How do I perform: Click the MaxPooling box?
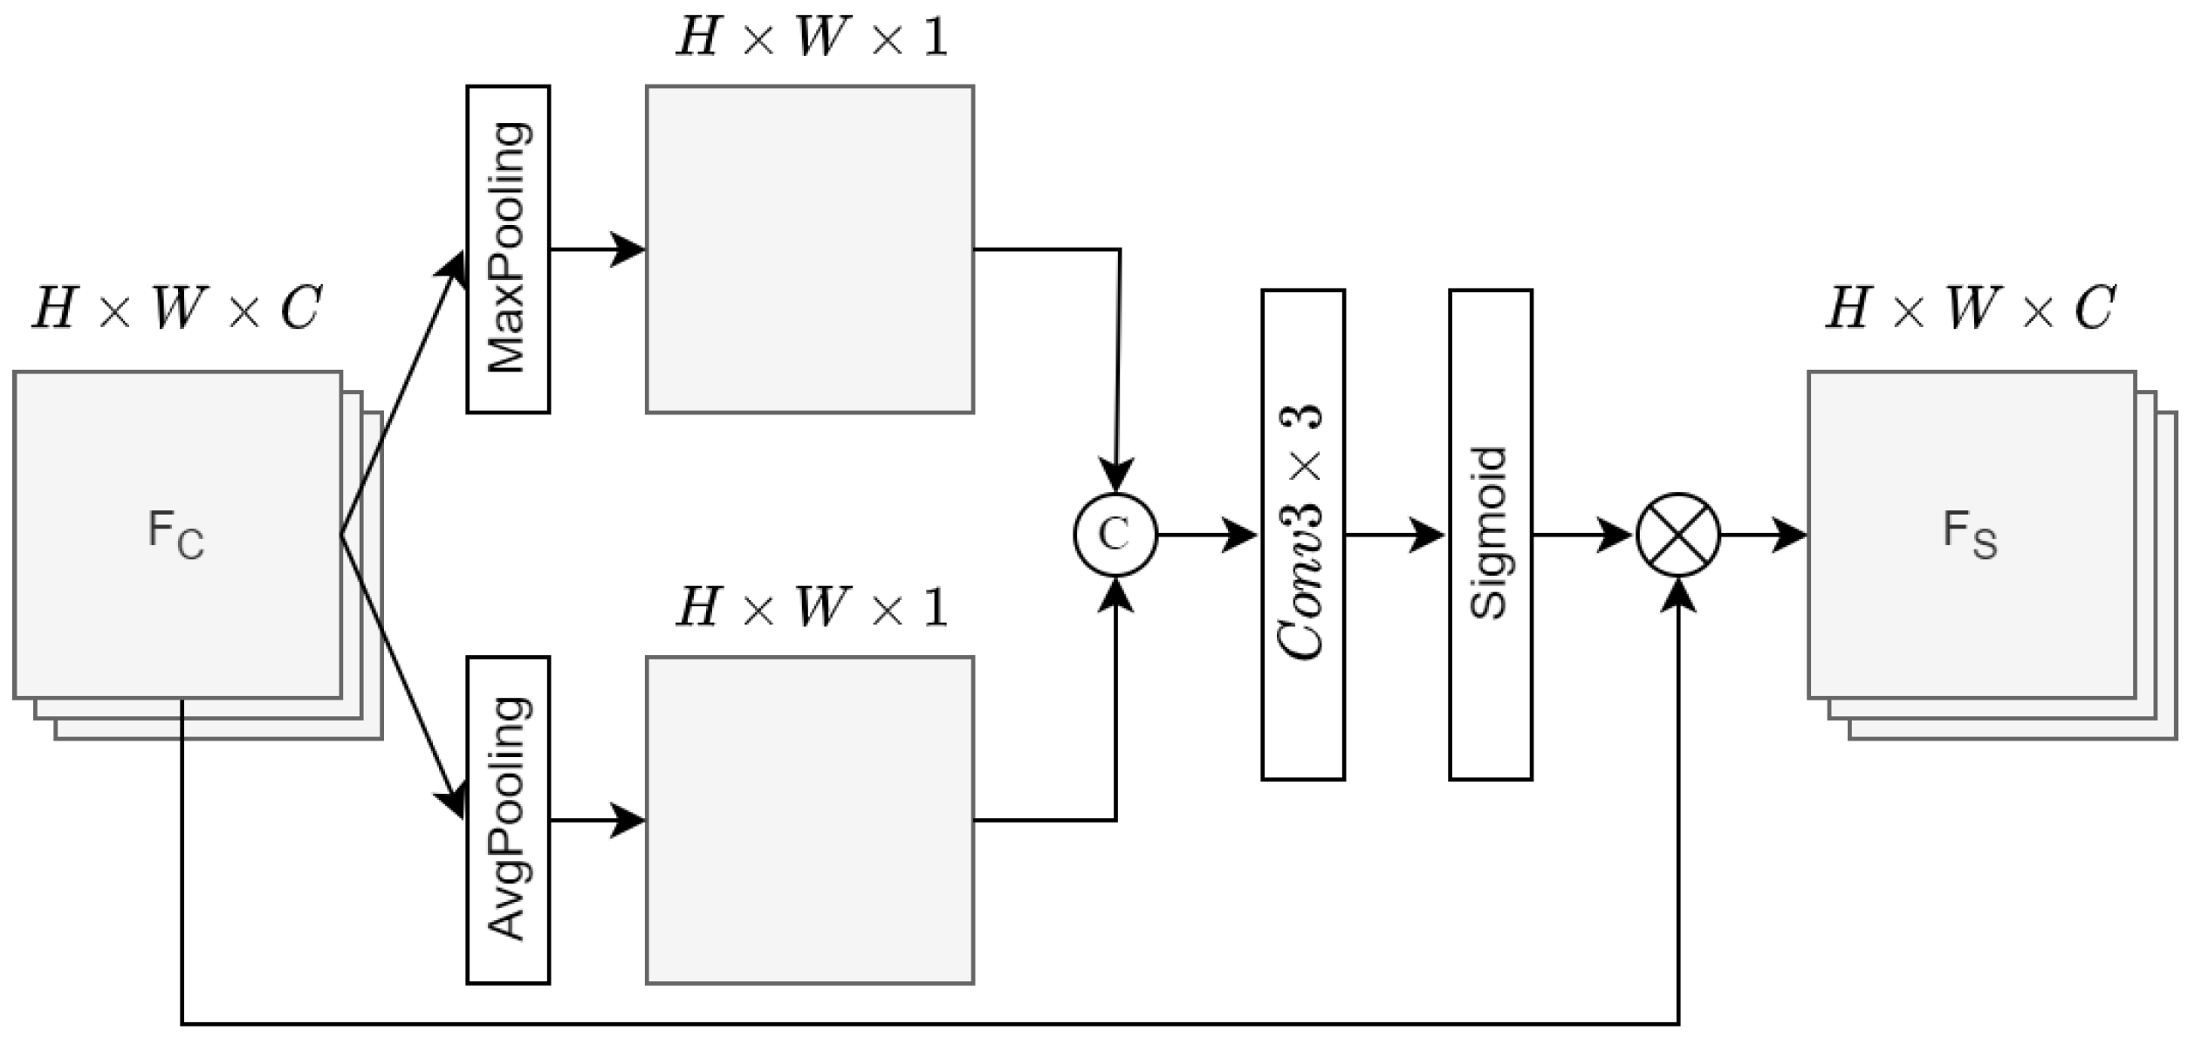(x=508, y=249)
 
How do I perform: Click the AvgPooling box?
(x=508, y=820)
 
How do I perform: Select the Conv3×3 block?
(x=1302, y=534)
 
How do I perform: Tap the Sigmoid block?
(x=1490, y=534)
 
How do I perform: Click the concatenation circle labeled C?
(x=1115, y=534)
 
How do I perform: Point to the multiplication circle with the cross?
(x=1677, y=534)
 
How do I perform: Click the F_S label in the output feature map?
(x=1970, y=534)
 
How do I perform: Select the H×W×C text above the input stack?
(x=177, y=308)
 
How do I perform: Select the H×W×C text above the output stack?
(x=1971, y=308)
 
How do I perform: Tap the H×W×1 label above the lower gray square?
(x=811, y=608)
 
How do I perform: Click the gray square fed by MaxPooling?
(x=809, y=249)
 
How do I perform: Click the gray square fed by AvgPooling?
(x=809, y=820)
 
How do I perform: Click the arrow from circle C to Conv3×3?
(x=1209, y=534)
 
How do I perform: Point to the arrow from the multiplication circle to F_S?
(x=1763, y=534)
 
